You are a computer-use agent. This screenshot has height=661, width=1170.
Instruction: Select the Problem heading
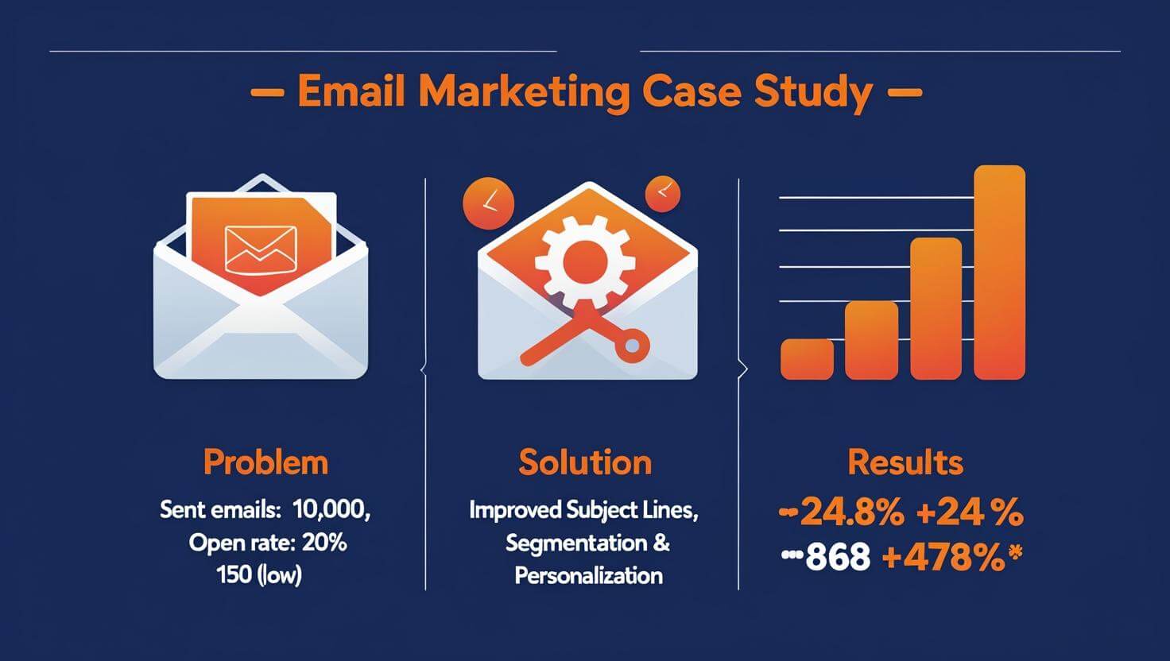265,462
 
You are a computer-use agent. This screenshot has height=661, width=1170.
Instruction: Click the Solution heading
585,462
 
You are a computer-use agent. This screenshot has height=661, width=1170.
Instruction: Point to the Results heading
905,462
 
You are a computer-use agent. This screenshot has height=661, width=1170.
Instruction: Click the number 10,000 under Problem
331,510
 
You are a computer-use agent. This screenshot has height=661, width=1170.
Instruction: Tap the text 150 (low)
259,576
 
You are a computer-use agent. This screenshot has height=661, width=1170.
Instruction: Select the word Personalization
588,576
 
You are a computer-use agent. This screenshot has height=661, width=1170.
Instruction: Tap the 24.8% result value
851,513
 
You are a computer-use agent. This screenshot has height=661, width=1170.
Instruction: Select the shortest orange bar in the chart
807,359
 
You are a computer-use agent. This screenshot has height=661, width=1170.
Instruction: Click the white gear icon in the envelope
585,258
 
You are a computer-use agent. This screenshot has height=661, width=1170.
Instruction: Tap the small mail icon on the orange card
261,248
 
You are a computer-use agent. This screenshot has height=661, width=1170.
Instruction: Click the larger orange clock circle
488,201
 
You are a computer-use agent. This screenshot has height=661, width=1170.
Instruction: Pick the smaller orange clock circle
663,194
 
